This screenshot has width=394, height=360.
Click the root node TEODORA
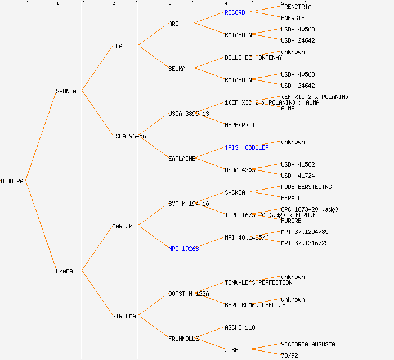[12, 181]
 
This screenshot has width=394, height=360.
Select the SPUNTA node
[66, 91]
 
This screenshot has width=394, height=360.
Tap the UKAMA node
[64, 271]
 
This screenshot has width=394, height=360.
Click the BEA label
[117, 46]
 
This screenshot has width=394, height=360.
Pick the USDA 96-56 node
[129, 136]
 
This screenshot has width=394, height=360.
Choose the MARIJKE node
[124, 226]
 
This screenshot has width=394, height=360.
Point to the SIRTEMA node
[124, 316]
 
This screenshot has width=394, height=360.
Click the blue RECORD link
[235, 12]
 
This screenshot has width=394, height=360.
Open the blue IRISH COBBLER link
[247, 147]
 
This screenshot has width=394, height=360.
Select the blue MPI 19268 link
[183, 249]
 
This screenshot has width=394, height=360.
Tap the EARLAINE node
[182, 159]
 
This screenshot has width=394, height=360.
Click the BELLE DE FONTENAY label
[253, 57]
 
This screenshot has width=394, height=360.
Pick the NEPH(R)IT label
[240, 125]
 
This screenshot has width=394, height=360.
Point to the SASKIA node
[235, 192]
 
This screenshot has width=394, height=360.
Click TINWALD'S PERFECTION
[258, 282]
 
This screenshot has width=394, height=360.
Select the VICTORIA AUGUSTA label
[308, 344]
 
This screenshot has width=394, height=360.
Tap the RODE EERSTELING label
[306, 187]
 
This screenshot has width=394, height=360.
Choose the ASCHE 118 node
[240, 327]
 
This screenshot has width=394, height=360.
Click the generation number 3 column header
[169, 4]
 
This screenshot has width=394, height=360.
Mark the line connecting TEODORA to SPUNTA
[41, 136]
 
